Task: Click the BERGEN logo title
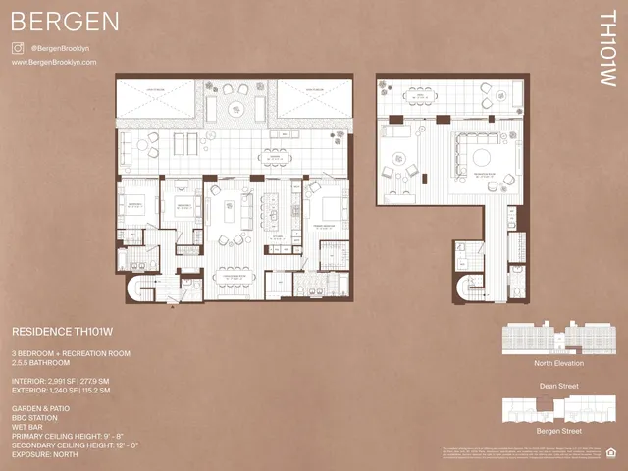(66, 22)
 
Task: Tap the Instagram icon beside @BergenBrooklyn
(18, 47)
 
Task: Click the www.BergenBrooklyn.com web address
(54, 62)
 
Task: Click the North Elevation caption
(557, 362)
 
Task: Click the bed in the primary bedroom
(328, 209)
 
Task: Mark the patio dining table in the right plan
(426, 95)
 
